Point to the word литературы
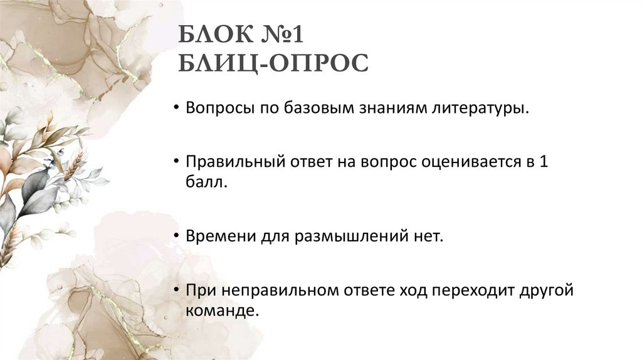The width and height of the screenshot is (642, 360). coord(485,109)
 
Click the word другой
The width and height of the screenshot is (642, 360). coord(547,290)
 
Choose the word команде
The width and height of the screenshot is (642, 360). coord(222,310)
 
